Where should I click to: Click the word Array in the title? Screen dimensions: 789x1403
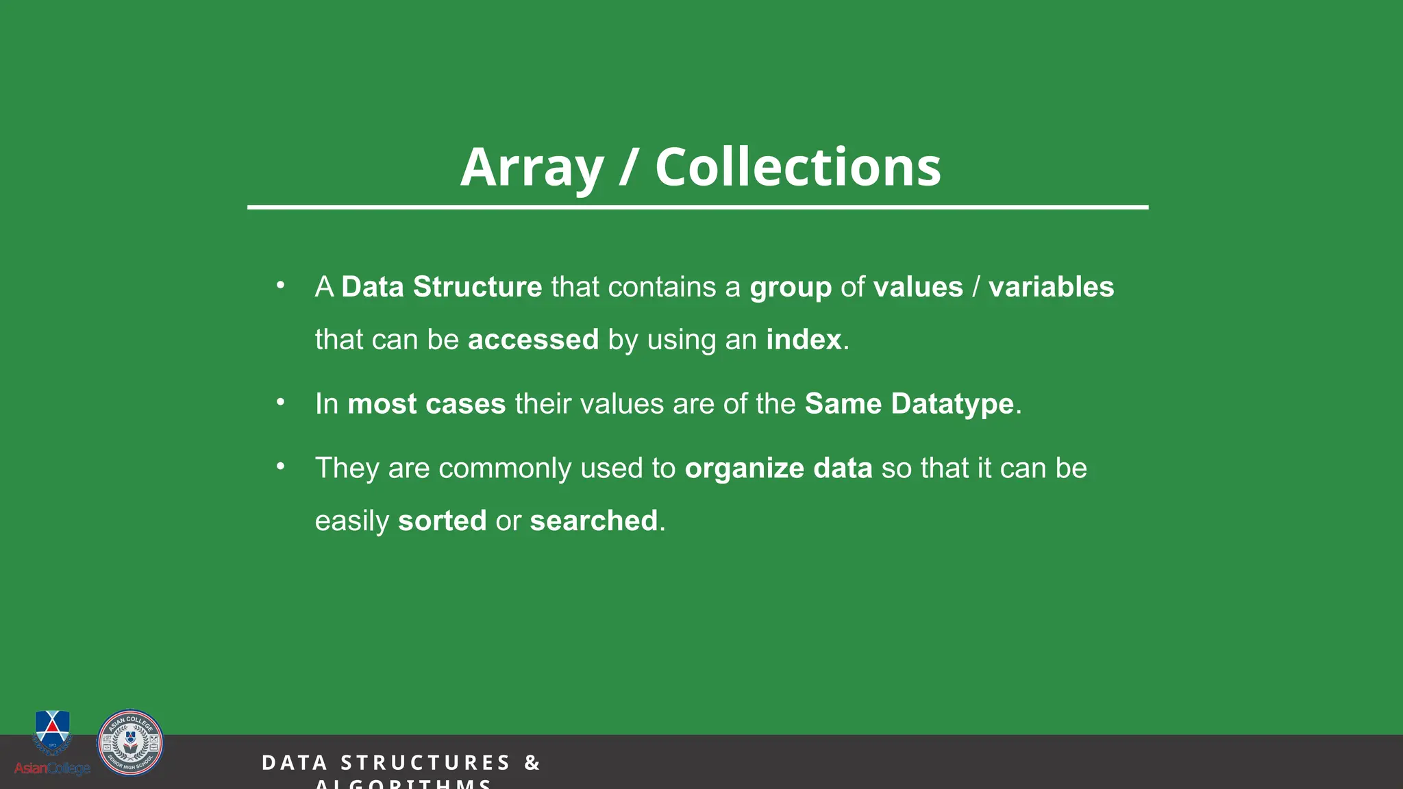point(532,168)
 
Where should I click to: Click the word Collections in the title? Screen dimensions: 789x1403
point(798,168)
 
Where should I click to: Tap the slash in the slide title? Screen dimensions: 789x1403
point(628,168)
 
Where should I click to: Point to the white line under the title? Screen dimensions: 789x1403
point(697,207)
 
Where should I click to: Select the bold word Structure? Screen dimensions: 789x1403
point(477,287)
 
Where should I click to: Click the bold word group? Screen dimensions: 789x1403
point(791,288)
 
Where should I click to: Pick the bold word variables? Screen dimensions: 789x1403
point(1051,287)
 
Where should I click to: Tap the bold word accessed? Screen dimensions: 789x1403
point(533,340)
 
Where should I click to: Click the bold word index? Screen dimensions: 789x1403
point(804,340)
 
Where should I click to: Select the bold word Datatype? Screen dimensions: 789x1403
point(952,404)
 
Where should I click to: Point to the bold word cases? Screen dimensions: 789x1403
point(465,404)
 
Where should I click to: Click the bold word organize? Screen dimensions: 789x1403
point(745,468)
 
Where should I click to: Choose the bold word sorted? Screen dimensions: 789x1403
point(442,521)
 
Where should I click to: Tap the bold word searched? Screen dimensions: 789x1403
point(593,521)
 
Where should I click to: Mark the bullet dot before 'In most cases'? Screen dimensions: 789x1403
point(280,402)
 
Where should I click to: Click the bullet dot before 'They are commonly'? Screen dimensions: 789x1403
point(280,466)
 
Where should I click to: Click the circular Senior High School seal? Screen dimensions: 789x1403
point(130,742)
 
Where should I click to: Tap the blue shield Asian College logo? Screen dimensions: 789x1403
point(52,731)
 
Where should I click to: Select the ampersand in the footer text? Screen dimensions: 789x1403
point(532,763)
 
